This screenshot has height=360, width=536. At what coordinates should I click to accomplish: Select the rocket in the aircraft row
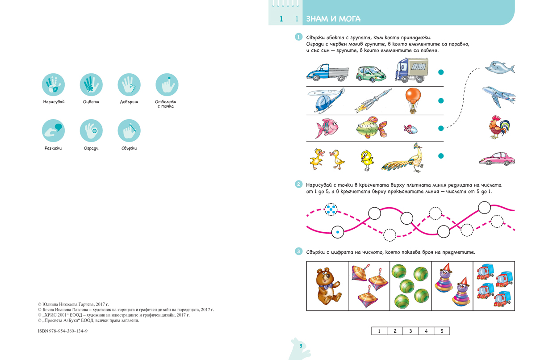point(373,101)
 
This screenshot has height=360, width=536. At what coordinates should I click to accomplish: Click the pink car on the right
point(496,159)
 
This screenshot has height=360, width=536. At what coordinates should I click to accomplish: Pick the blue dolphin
point(500,67)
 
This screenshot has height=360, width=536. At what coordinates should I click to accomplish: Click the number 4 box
point(426,331)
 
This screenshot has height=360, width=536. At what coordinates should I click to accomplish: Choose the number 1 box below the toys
point(379,331)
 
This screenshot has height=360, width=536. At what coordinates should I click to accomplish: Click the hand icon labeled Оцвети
point(91,84)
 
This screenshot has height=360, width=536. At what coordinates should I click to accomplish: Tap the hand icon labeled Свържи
point(129,131)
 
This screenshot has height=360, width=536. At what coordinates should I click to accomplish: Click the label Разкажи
point(53,148)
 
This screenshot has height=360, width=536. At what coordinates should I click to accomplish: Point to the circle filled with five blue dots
point(331,209)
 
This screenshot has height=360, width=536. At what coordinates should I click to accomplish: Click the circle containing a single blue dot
point(338,232)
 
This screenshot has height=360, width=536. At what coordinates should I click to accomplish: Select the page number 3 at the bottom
point(301,346)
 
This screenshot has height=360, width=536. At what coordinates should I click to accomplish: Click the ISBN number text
point(63,331)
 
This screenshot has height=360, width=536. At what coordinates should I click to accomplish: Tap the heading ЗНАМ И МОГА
point(334,19)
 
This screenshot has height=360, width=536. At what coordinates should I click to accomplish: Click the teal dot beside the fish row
point(441,128)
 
